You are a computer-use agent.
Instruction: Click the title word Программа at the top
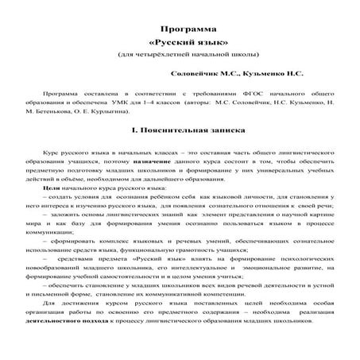[180, 27]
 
